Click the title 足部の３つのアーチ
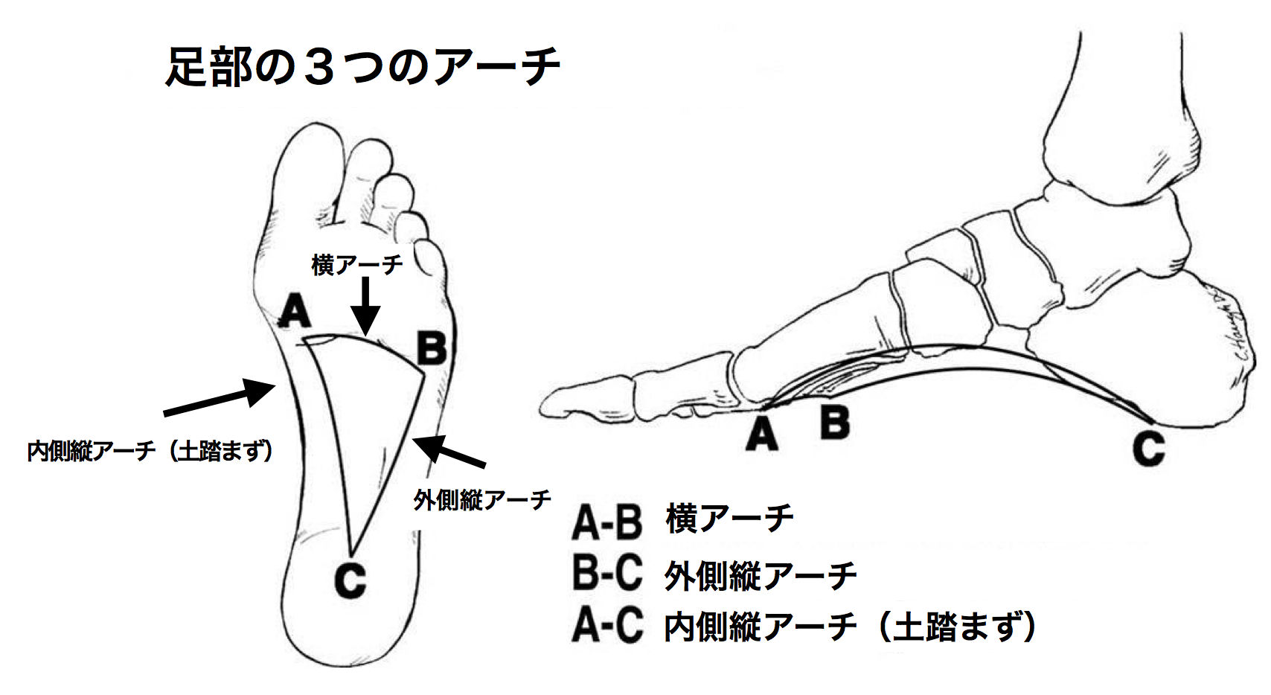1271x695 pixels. coord(362,68)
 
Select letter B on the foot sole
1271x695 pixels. coord(431,348)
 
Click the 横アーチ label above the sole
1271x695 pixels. coord(357,264)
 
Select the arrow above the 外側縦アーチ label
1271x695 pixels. coord(449,452)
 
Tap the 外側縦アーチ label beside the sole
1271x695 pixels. coord(482,499)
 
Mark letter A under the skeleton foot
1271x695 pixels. coord(761,435)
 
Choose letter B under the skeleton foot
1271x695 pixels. coord(834,421)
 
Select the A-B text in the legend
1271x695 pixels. coord(606,520)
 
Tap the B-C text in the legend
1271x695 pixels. coord(606,574)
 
